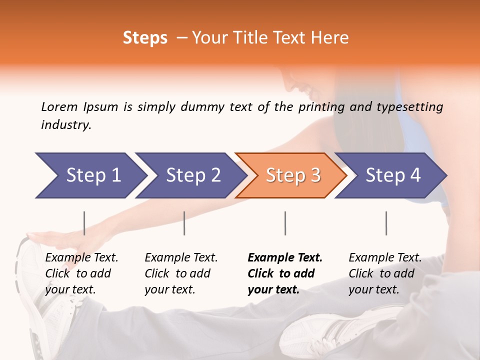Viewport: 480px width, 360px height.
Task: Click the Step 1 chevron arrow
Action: pyautogui.click(x=90, y=175)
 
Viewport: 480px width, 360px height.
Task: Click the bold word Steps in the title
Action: pyautogui.click(x=145, y=38)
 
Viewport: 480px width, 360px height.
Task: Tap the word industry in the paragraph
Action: pyautogui.click(x=66, y=124)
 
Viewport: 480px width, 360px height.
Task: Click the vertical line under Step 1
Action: pyautogui.click(x=84, y=223)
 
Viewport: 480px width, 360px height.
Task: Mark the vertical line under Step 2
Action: pyautogui.click(x=184, y=223)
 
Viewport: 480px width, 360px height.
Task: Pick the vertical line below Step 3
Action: pyautogui.click(x=285, y=223)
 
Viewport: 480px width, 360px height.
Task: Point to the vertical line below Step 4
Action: pyautogui.click(x=386, y=223)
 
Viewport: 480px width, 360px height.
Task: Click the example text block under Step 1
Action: pyautogui.click(x=81, y=273)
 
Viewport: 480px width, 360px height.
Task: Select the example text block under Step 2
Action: pyautogui.click(x=181, y=273)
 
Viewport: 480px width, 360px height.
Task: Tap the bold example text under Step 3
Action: pyautogui.click(x=285, y=273)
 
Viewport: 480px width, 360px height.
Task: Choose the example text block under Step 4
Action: pyautogui.click(x=385, y=273)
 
